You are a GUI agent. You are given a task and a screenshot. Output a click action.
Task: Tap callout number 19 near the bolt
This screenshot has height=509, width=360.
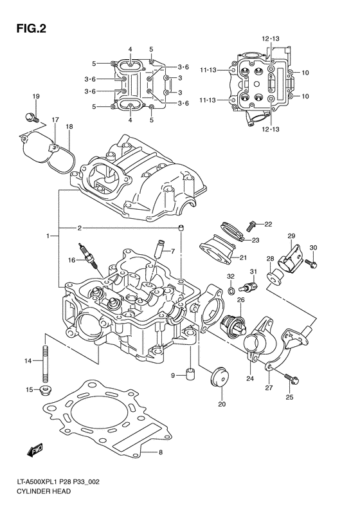36,97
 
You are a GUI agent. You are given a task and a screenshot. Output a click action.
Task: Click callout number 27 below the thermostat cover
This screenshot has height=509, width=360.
269,388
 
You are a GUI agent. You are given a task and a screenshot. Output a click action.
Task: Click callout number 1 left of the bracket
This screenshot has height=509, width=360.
48,237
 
